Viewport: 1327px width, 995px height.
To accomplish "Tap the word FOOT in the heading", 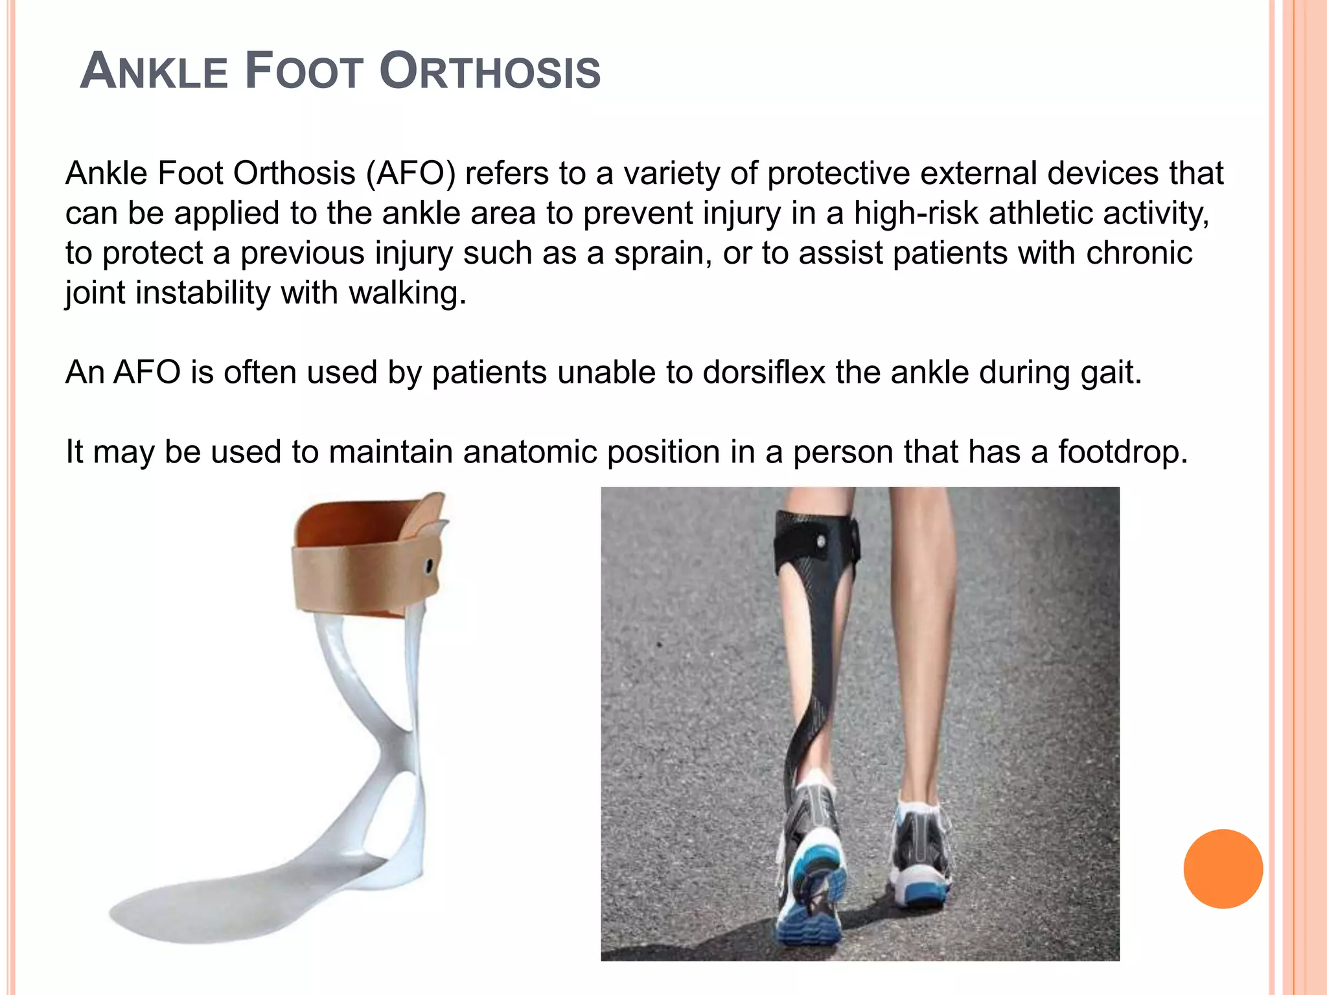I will click(303, 71).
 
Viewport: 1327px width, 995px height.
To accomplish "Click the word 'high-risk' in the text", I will click(916, 213).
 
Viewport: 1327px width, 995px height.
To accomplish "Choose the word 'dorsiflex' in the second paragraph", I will click(764, 372).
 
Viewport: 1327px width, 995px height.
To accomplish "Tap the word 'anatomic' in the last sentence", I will click(529, 452).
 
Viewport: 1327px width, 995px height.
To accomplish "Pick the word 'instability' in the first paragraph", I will click(203, 293).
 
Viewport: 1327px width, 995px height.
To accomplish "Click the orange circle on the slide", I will click(1223, 869).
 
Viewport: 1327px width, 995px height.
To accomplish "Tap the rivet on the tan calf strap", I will click(429, 567).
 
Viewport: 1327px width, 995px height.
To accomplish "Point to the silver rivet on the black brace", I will click(821, 540).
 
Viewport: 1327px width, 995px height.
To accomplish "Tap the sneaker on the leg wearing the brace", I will click(810, 862).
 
